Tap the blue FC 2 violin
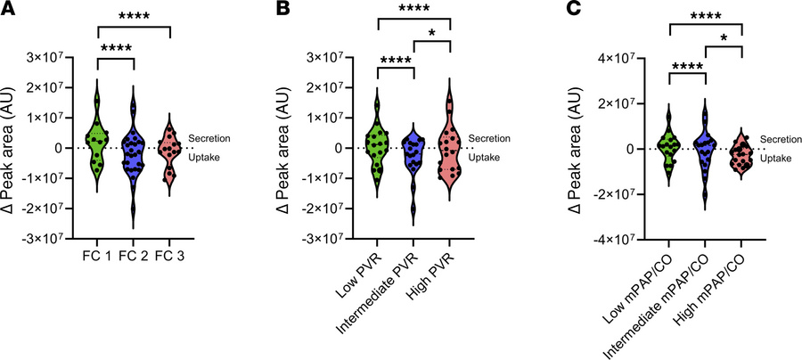[x=134, y=156]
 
